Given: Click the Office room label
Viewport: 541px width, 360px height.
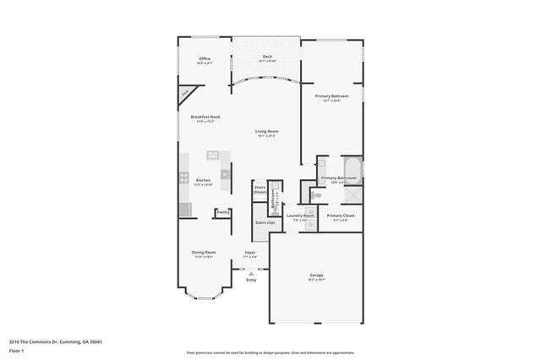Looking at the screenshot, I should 204,59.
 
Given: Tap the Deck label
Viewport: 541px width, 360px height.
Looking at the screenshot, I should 267,58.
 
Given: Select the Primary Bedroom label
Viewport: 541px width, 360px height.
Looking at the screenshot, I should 332,97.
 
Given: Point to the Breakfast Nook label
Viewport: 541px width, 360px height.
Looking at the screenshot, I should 205,117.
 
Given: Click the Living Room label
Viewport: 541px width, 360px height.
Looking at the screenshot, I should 267,132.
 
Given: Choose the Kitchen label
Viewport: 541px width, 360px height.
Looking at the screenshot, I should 203,181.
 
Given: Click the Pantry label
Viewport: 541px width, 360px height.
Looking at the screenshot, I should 223,212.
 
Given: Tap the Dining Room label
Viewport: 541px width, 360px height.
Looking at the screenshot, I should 204,253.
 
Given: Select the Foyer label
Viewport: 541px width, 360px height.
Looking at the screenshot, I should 250,253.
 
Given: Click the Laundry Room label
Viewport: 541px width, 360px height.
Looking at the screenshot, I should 300,216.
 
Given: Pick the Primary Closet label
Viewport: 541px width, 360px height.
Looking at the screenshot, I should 341,216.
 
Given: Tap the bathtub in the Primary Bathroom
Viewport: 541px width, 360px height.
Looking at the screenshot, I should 352,169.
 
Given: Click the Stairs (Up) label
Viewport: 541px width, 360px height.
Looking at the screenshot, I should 265,222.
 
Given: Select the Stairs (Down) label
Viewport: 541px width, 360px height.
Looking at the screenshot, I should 260,189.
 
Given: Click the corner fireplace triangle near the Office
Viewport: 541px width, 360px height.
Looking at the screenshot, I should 185,93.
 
